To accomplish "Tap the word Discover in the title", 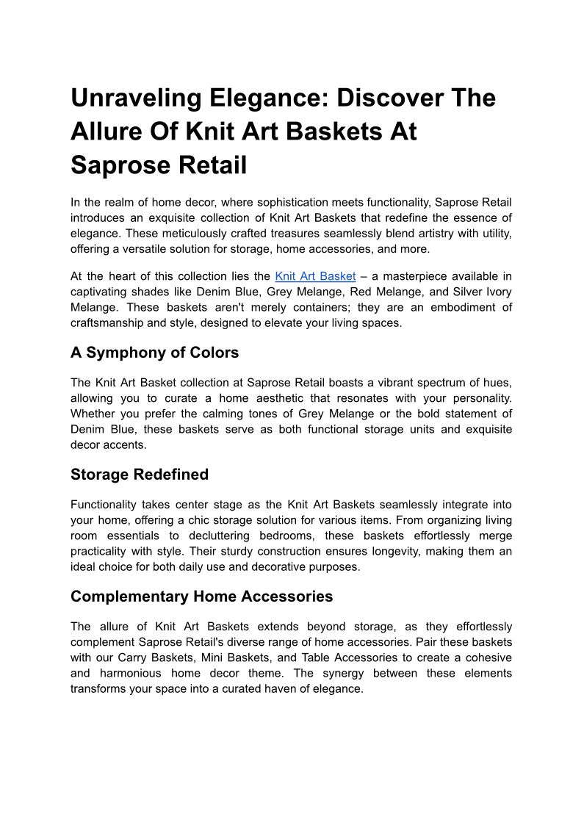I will coord(385,98).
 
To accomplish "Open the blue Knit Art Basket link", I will coord(315,276).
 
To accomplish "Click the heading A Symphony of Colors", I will coord(154,353).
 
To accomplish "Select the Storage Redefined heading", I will coord(140,475).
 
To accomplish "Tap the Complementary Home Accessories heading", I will coord(201,597).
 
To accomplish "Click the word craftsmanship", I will coord(109,323).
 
